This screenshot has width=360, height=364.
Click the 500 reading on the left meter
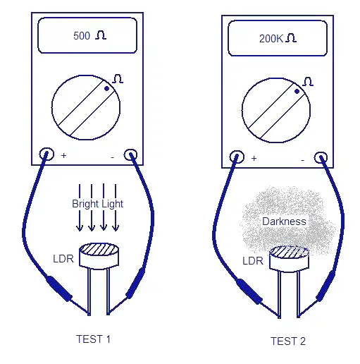pyautogui.click(x=82, y=36)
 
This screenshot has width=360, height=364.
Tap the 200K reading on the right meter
pyautogui.click(x=271, y=39)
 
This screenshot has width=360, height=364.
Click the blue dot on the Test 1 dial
pyautogui.click(x=106, y=88)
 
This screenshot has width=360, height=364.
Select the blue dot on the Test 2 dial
pyautogui.click(x=297, y=91)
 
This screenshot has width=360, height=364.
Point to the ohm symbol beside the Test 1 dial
pyautogui.click(x=118, y=79)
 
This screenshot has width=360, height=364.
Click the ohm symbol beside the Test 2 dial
pyautogui.click(x=308, y=82)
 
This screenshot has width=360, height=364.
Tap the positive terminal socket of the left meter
pyautogui.click(x=46, y=154)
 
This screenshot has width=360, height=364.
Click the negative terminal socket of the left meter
pyautogui.click(x=130, y=155)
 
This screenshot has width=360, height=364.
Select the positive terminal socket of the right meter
pyautogui.click(x=237, y=157)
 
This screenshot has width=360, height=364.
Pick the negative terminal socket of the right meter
pyautogui.click(x=321, y=158)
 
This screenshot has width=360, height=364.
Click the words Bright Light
pyautogui.click(x=97, y=204)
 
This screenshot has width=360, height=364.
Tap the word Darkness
pyautogui.click(x=284, y=222)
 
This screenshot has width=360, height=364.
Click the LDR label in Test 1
pyautogui.click(x=63, y=259)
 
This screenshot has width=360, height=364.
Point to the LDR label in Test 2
pyautogui.click(x=253, y=261)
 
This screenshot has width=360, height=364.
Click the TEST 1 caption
pyautogui.click(x=93, y=339)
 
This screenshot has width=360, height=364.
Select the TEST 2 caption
pyautogui.click(x=288, y=341)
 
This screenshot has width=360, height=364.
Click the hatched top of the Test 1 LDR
pyautogui.click(x=99, y=250)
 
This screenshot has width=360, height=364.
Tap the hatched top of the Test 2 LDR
pyautogui.click(x=289, y=252)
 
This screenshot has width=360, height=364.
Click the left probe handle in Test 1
pyautogui.click(x=58, y=289)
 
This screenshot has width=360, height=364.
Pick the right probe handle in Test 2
pyautogui.click(x=325, y=286)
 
